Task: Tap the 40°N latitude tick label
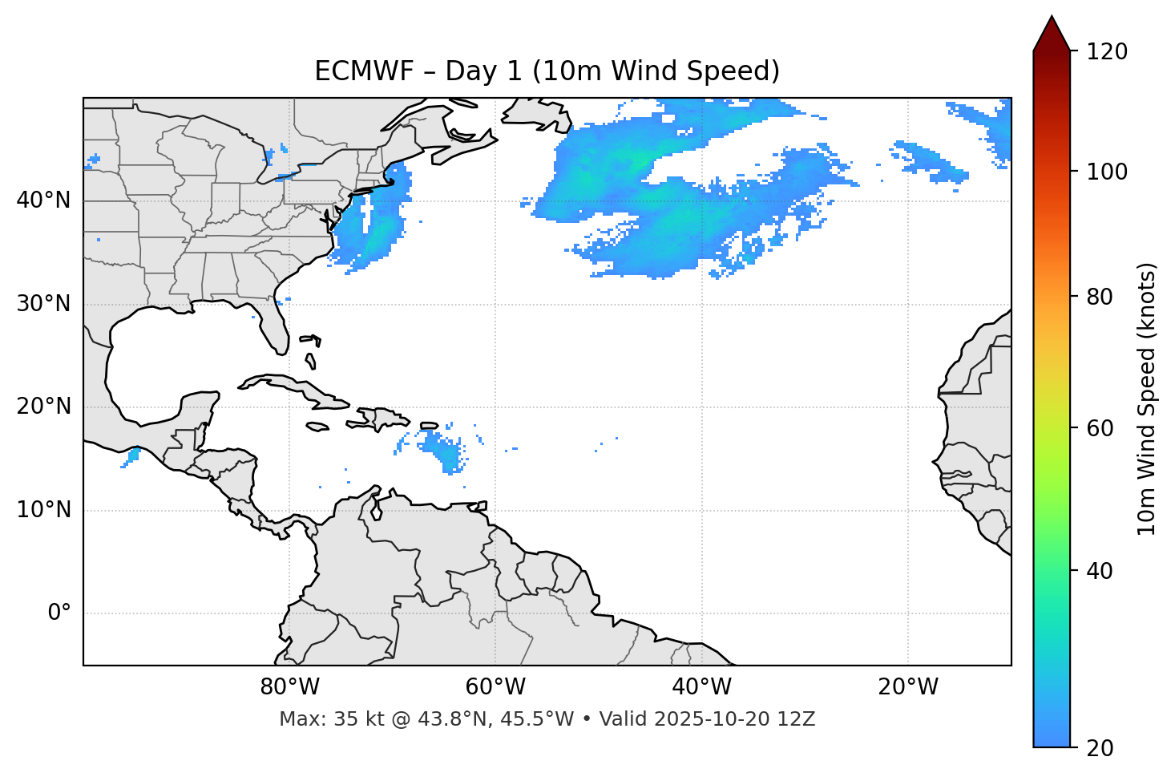(43, 200)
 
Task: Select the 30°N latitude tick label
(43, 304)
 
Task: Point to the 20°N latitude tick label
(43, 407)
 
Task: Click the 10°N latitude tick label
(43, 510)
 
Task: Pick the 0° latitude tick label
(59, 613)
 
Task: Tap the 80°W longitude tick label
(289, 687)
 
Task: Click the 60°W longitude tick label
(495, 687)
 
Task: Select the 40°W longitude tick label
(701, 687)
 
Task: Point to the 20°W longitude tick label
(907, 687)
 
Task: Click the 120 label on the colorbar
(1107, 52)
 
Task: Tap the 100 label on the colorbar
(1107, 172)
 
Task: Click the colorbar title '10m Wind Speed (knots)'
(1147, 399)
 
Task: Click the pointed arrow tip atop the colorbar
(1052, 19)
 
